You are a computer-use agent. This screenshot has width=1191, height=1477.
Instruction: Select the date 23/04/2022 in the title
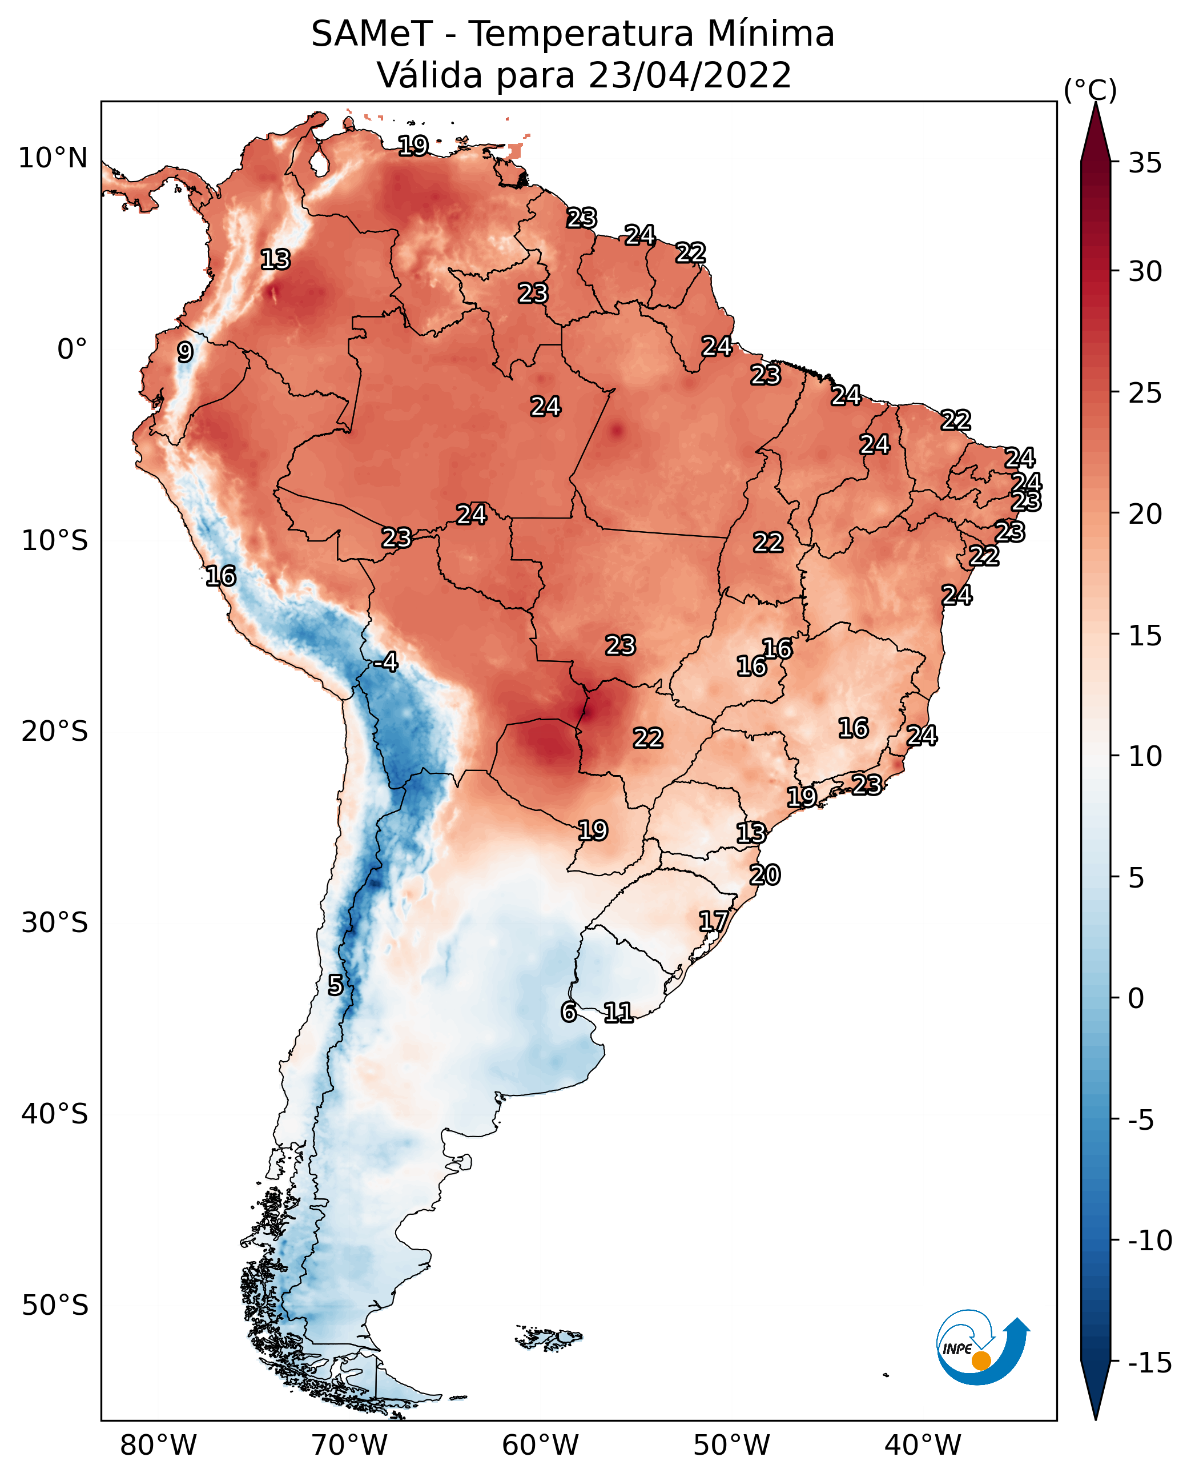(x=690, y=75)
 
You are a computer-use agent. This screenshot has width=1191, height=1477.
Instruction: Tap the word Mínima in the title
(x=770, y=34)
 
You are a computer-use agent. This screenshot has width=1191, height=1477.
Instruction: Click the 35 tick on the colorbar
(x=1145, y=163)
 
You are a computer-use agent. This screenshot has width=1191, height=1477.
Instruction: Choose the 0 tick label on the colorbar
(x=1136, y=998)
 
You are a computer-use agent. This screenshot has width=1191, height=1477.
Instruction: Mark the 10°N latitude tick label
(x=53, y=159)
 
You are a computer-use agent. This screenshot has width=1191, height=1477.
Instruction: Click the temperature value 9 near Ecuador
(x=184, y=352)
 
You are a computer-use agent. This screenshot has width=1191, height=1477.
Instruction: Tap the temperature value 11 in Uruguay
(x=618, y=1012)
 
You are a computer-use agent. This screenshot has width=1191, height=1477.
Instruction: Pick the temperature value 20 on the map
(x=765, y=875)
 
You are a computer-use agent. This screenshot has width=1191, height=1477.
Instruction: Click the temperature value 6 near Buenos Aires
(x=569, y=1012)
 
